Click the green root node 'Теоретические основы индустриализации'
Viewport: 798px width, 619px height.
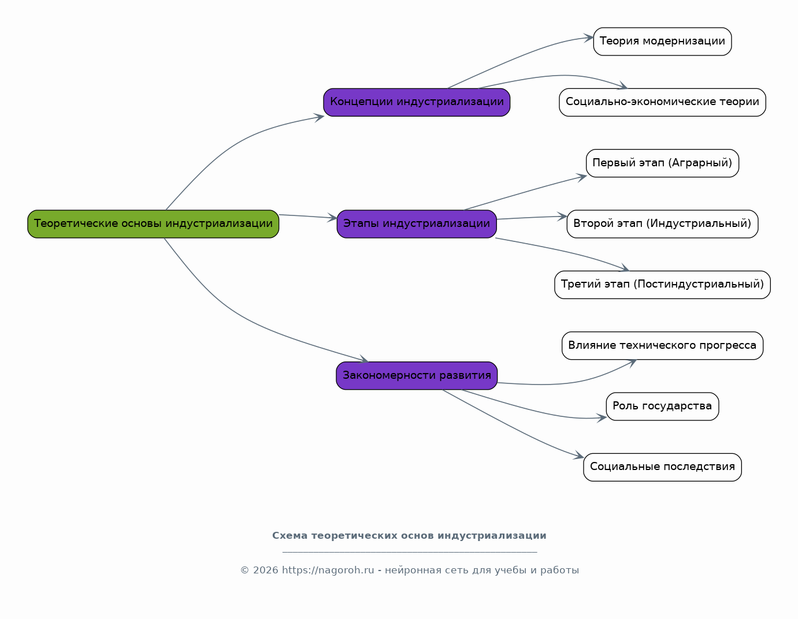pyautogui.click(x=153, y=224)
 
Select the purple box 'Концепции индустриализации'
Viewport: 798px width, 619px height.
pyautogui.click(x=417, y=102)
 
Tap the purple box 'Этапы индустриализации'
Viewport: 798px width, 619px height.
pyautogui.click(x=417, y=224)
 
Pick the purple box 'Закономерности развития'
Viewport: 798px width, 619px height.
pyautogui.click(x=417, y=376)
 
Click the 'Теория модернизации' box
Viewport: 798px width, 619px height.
pyautogui.click(x=662, y=42)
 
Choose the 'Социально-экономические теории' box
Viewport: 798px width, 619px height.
pyautogui.click(x=662, y=102)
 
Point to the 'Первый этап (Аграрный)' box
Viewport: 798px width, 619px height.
pyautogui.click(x=662, y=163)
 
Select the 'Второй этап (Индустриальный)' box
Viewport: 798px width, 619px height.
pyautogui.click(x=662, y=224)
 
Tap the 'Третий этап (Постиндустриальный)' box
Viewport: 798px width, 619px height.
pyautogui.click(x=662, y=285)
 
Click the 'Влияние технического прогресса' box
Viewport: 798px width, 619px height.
pyautogui.click(x=662, y=346)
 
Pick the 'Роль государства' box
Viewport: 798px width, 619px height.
pyautogui.click(x=662, y=407)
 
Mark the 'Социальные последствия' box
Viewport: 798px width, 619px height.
pyautogui.click(x=662, y=467)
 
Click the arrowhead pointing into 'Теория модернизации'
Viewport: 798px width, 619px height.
pyautogui.click(x=589, y=38)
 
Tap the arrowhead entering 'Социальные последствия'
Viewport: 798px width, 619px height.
pyautogui.click(x=580, y=456)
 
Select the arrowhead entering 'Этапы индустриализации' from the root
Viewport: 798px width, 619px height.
pyautogui.click(x=333, y=218)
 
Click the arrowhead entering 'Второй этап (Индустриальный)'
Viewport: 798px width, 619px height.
pyautogui.click(x=562, y=217)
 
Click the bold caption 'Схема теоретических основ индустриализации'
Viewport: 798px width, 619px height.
pyautogui.click(x=409, y=536)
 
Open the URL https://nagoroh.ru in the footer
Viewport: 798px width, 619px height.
pyautogui.click(x=328, y=570)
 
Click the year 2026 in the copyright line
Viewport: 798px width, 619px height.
pyautogui.click(x=265, y=570)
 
